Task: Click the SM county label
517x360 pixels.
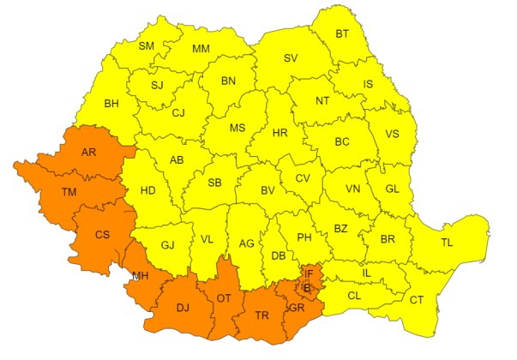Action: coord(146,45)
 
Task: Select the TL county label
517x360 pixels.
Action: coord(447,243)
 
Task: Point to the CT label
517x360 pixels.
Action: coord(417,300)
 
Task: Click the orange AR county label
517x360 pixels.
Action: coord(88,153)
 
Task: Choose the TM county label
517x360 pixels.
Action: coord(69,193)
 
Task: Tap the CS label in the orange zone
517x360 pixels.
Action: coord(102,234)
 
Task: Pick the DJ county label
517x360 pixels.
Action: coord(181,308)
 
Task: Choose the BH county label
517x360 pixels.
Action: coord(111,105)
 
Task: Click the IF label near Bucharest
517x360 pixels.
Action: coord(308,273)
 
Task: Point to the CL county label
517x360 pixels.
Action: coord(353,296)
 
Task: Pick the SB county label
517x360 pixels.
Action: coord(214,183)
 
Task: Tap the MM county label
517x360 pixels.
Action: coord(201,48)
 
